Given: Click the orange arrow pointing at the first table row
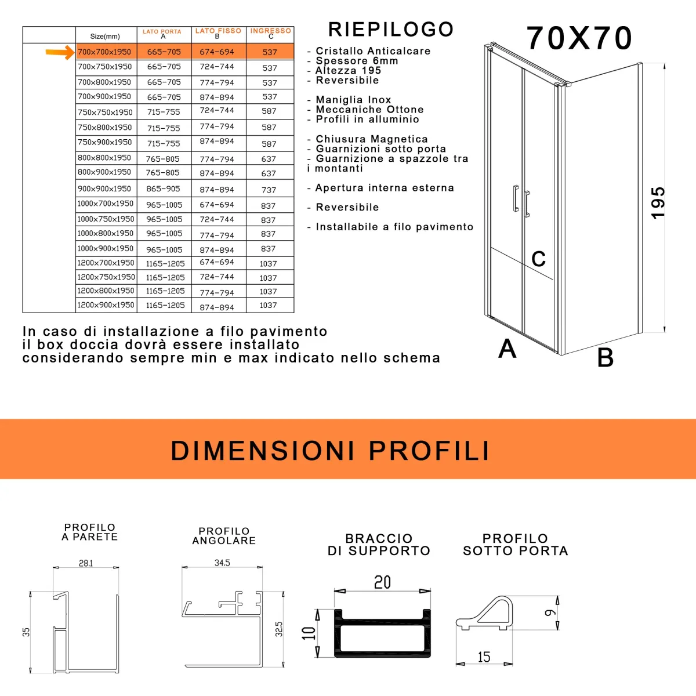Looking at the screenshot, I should [x=60, y=53].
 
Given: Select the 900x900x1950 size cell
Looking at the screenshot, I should [x=105, y=188].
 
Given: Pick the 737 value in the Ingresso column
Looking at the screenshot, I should [x=269, y=190].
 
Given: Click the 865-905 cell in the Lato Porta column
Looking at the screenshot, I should [x=164, y=188].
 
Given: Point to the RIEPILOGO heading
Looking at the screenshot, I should [x=391, y=29].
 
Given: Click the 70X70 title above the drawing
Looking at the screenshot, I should [x=579, y=38].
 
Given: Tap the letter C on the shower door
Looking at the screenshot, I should [x=539, y=259].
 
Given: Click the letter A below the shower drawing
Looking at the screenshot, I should [x=507, y=349].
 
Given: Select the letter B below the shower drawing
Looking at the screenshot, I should [x=606, y=357].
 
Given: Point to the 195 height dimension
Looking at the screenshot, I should [x=658, y=202].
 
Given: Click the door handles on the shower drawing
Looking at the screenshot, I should [x=521, y=201].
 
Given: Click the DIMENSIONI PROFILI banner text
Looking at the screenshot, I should [x=331, y=451].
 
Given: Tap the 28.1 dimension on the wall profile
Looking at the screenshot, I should [x=86, y=563].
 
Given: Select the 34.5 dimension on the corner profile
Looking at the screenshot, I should [x=222, y=563].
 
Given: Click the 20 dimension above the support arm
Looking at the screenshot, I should [x=382, y=582].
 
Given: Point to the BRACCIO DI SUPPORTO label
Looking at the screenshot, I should [x=379, y=545].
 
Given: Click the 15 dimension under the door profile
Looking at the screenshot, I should [x=484, y=657].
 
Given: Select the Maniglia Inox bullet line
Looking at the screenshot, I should [x=353, y=100].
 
